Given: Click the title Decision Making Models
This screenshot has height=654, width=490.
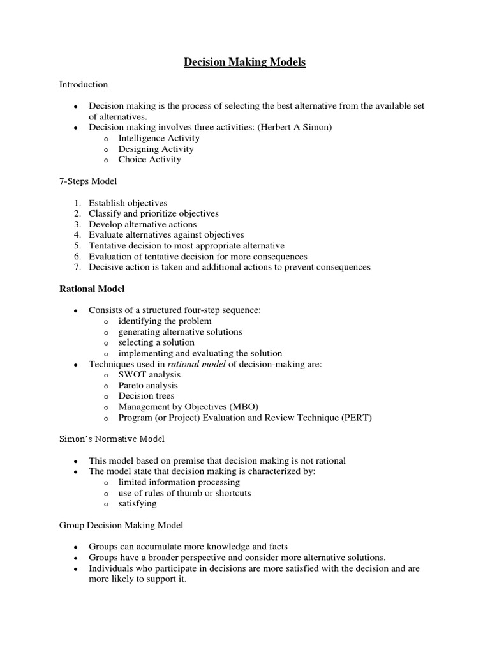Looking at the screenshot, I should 245,62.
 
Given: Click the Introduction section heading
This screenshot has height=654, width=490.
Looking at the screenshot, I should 84,84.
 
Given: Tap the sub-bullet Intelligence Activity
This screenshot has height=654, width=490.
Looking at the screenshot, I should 159,138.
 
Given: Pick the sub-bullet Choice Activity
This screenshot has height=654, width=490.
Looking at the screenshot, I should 149,160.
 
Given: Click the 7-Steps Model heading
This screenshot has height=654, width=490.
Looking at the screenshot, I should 88,181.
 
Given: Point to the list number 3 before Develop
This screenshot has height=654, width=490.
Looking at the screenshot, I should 77,224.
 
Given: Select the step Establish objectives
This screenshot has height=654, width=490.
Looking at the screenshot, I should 128,203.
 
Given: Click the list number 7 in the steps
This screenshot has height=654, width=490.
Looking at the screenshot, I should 77,267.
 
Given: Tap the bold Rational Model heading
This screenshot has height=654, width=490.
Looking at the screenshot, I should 92,289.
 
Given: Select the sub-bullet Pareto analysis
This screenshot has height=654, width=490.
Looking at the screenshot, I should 148,385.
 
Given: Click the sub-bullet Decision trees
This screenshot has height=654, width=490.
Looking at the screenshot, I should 146,396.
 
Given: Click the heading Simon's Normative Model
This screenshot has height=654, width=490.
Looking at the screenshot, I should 112,439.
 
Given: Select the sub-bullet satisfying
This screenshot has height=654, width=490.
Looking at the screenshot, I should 137,503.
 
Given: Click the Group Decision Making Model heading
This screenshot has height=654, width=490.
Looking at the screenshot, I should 121,525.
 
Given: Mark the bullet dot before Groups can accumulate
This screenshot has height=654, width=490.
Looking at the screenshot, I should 76,547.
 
